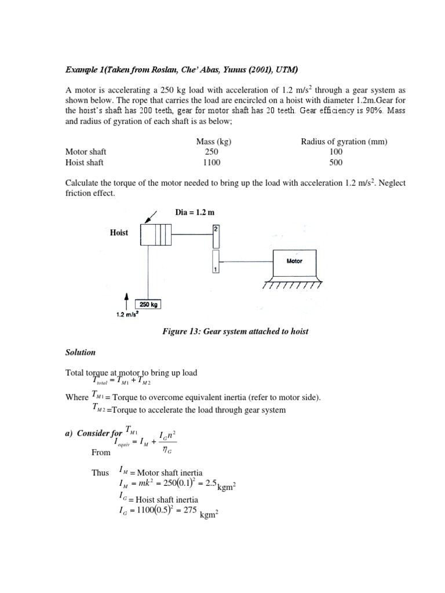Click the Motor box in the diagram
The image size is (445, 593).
(x=295, y=262)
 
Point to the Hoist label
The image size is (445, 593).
(x=119, y=233)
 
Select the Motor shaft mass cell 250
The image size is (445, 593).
(x=212, y=152)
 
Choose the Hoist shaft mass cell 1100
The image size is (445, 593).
(x=212, y=163)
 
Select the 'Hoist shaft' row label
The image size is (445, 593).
(x=84, y=163)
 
